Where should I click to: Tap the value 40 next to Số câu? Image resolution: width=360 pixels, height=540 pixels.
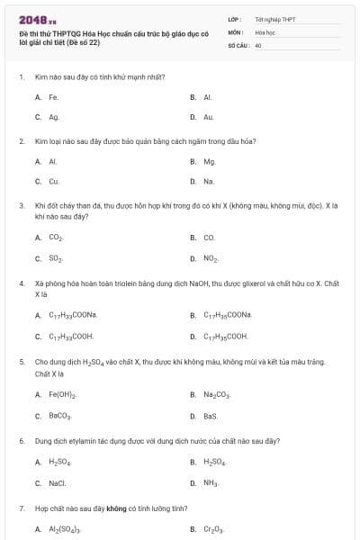click(257, 44)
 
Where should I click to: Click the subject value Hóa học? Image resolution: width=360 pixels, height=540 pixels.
click(264, 31)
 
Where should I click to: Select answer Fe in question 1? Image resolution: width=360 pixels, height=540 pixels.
click(53, 96)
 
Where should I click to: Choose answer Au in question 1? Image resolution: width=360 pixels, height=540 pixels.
click(208, 117)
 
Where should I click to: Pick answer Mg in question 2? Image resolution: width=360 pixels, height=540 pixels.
click(209, 161)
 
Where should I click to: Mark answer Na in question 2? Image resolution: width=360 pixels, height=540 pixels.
click(208, 181)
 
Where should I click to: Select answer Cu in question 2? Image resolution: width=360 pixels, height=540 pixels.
click(53, 181)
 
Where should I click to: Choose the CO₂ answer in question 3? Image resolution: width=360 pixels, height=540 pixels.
click(55, 238)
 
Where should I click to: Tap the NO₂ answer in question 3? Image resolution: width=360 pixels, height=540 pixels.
click(210, 258)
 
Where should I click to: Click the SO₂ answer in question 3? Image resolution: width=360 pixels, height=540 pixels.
click(55, 258)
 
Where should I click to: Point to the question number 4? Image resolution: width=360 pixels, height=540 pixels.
click(22, 283)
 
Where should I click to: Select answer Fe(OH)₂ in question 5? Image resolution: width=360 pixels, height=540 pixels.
click(62, 395)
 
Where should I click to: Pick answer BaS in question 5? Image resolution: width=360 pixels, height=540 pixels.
click(210, 416)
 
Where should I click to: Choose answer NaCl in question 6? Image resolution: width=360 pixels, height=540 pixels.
click(57, 482)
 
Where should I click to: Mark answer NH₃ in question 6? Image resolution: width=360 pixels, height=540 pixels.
click(210, 482)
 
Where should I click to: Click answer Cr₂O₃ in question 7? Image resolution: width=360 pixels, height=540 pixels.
click(212, 529)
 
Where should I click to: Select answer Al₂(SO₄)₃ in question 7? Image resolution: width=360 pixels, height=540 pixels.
click(65, 529)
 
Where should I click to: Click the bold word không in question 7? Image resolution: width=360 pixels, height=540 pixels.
click(116, 508)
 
